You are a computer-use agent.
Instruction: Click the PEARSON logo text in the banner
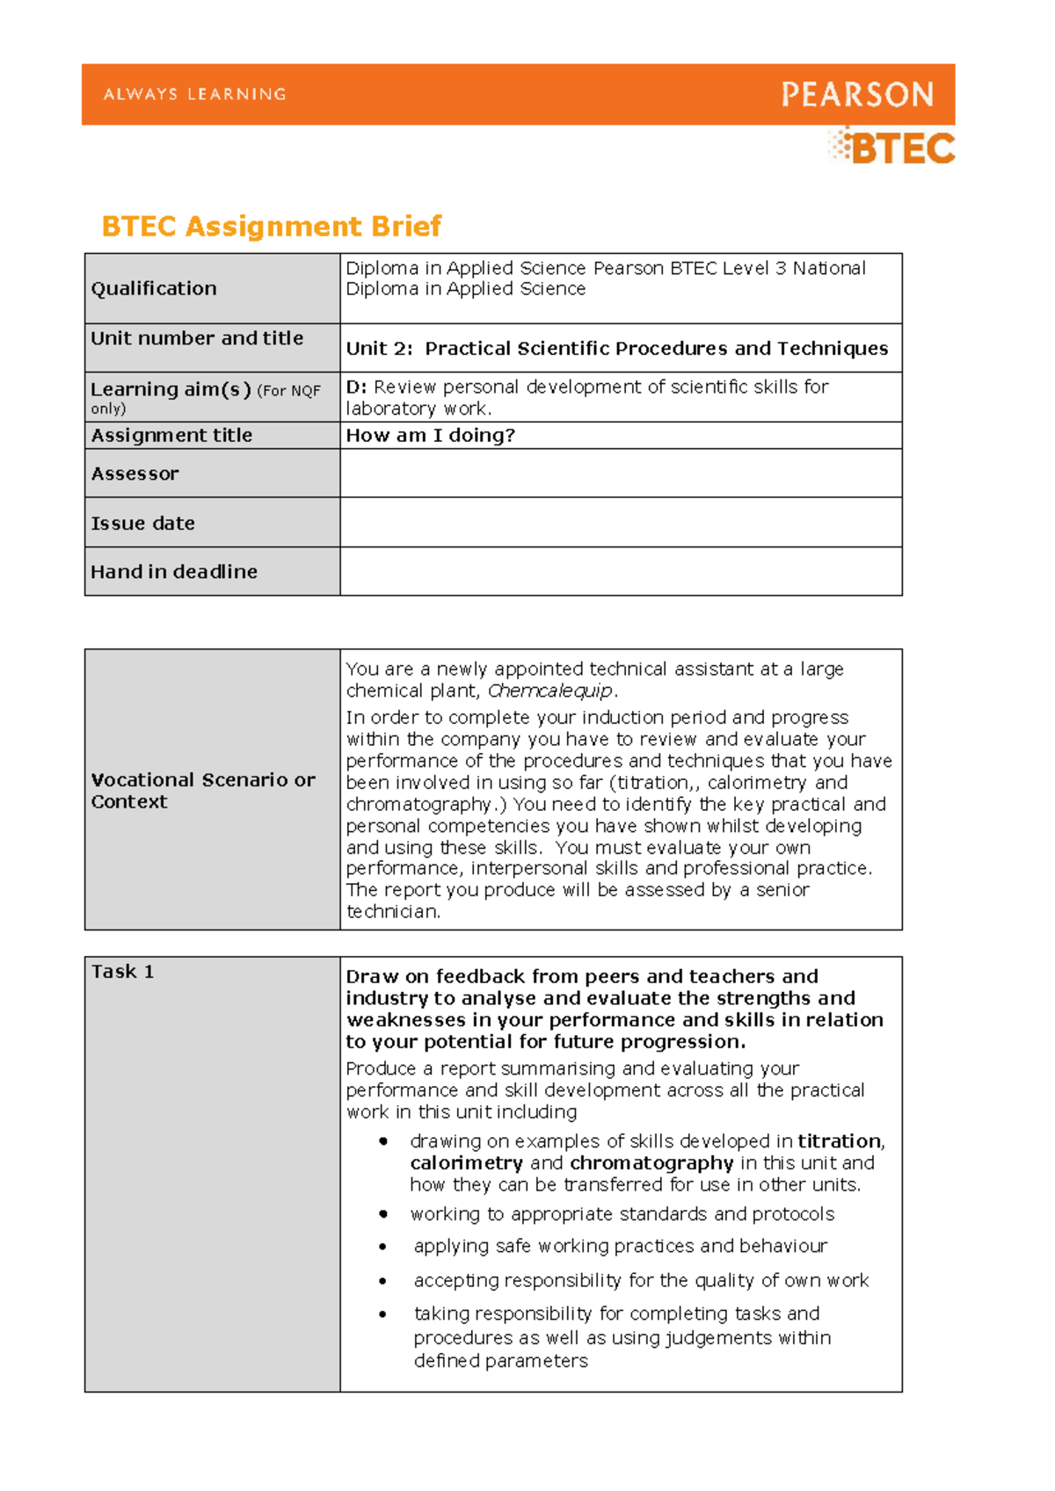tap(857, 94)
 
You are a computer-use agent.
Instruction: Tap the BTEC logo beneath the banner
tap(893, 148)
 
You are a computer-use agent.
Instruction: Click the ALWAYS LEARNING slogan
tap(194, 94)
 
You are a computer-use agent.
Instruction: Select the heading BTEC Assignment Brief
tap(271, 227)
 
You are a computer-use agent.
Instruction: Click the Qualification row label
tap(154, 288)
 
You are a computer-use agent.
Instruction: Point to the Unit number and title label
tap(197, 338)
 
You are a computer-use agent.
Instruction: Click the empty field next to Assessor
tap(620, 474)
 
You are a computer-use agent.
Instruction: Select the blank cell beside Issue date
tap(620, 523)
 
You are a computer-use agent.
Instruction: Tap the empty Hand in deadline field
tap(620, 572)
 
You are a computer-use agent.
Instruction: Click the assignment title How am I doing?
tap(430, 436)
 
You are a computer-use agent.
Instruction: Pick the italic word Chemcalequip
tap(549, 691)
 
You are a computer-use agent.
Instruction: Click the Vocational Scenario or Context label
tap(202, 790)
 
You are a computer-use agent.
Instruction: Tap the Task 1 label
tap(122, 972)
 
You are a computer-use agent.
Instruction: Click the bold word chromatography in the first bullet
tap(651, 1163)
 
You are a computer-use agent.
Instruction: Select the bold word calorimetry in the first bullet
tap(466, 1163)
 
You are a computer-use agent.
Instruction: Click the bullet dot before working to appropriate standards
tap(383, 1214)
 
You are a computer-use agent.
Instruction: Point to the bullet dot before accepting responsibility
tap(383, 1281)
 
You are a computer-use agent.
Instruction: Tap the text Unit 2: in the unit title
tap(379, 349)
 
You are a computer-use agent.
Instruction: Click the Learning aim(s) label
tap(171, 389)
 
